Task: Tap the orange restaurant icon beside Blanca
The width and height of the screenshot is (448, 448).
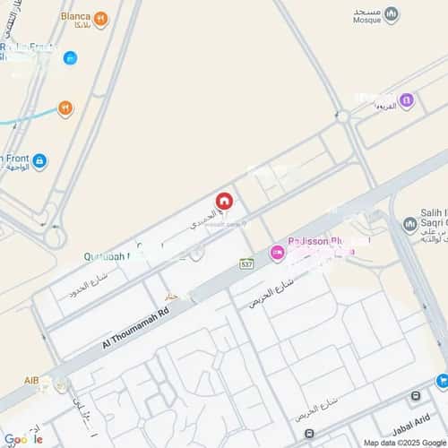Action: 100,19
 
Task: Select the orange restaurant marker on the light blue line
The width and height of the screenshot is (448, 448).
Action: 65,109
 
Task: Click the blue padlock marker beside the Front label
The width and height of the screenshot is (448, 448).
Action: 39,161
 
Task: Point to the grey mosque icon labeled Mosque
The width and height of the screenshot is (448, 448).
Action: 391,14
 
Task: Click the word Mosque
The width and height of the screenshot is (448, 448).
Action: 367,18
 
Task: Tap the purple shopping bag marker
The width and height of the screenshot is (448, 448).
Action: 406,100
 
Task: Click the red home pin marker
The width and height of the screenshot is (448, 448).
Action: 225,202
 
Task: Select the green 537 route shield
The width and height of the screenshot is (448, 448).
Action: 246,263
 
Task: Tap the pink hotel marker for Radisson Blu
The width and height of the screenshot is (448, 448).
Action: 278,254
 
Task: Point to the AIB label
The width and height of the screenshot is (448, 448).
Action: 32,382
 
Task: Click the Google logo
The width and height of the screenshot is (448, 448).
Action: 23,439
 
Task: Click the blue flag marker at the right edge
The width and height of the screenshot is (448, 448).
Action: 442,381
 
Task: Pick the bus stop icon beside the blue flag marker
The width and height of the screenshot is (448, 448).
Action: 416,395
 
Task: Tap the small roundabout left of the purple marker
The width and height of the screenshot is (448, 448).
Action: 342,116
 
